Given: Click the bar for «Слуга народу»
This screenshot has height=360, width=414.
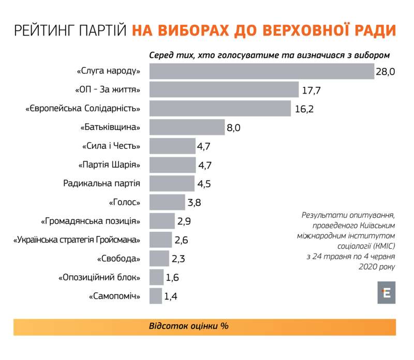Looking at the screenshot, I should pos(261,71).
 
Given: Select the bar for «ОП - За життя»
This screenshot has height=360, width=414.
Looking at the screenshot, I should pos(224,90).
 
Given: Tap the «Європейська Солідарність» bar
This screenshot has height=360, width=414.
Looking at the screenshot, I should pos(220,109).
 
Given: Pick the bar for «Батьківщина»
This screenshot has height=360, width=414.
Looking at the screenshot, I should pos(187,127).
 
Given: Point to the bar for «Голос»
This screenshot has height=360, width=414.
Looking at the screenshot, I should pos(167,202).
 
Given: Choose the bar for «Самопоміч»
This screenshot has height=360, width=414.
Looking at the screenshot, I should pos(155,296).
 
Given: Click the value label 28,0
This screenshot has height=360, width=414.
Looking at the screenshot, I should pos(385,72).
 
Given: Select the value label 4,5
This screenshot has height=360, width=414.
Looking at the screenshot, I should pos(204,184).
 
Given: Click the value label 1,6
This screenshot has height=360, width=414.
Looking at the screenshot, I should pos(172,278).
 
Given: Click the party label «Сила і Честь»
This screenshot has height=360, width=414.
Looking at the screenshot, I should pos(111,146).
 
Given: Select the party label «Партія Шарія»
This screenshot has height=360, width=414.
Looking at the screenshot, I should pos(109,165).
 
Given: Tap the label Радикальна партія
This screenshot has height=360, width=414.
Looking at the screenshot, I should pos(102,184).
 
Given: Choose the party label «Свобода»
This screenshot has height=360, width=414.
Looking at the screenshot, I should pos(119,259).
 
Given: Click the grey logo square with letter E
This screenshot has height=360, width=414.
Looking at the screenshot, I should pos(386,292).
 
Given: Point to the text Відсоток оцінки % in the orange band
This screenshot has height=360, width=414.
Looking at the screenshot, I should pos(188,327).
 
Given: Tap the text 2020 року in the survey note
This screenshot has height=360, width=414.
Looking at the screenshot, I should pos(376,267).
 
